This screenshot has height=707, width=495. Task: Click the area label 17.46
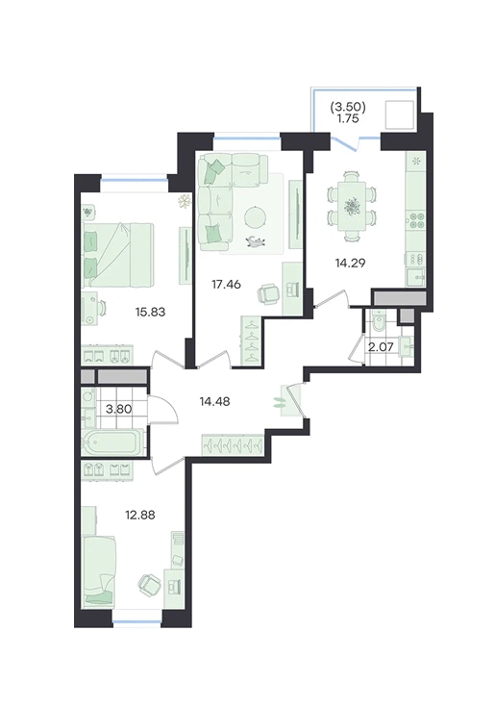pos(226,284)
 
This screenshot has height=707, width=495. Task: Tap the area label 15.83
pos(151,311)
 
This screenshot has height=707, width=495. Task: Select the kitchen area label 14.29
pos(350,263)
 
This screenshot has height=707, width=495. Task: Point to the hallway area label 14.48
pos(215,401)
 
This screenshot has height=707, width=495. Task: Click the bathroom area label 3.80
pos(118,409)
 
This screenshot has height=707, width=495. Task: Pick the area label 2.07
pos(381,347)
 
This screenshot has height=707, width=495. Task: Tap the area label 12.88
pos(140,515)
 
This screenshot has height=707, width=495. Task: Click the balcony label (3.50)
pos(347,107)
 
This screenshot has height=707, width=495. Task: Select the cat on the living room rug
pos(256,242)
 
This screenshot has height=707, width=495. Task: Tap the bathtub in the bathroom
pos(113,442)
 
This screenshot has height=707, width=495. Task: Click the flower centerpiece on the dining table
pos(352,207)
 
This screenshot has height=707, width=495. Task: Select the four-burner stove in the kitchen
pos(415,221)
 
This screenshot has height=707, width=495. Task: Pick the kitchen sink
pos(416,275)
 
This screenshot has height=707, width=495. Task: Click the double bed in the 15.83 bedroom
pos(118,255)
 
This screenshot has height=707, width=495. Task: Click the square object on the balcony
pos(399,115)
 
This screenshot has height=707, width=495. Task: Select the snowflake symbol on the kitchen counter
pos(416,161)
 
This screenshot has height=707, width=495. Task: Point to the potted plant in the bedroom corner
pos(184,202)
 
